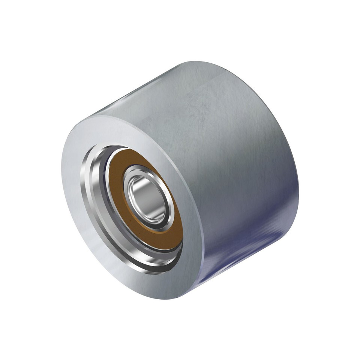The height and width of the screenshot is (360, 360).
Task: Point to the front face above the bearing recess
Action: click(112, 129)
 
